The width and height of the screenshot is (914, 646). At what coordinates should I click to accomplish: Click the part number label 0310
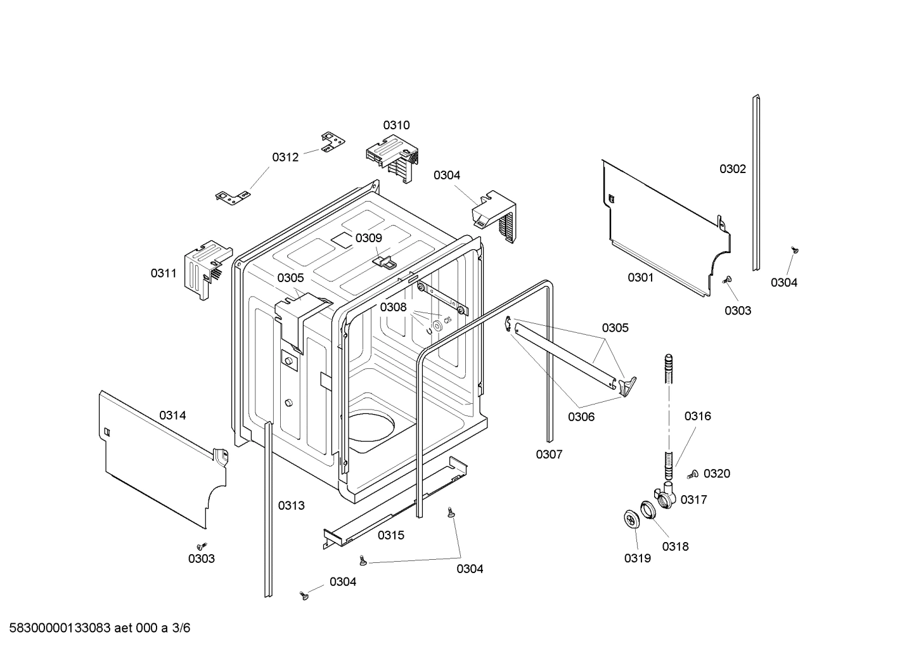click(396, 125)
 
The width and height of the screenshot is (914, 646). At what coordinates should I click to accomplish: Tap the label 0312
click(285, 157)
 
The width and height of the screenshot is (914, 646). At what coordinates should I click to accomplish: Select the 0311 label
click(164, 273)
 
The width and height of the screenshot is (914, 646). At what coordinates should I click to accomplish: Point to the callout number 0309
click(368, 238)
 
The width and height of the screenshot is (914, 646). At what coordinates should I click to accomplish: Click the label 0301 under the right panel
click(640, 277)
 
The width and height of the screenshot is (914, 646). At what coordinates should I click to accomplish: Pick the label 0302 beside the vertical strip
click(732, 169)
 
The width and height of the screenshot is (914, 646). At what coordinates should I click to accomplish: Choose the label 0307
click(549, 454)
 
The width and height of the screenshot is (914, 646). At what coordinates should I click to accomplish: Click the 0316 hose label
click(697, 416)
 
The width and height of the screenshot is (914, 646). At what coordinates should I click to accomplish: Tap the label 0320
click(717, 474)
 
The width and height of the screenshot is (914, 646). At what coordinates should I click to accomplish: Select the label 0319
click(637, 559)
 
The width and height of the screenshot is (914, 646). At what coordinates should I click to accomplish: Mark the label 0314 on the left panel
click(172, 415)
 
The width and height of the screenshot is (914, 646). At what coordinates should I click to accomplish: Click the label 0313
click(291, 505)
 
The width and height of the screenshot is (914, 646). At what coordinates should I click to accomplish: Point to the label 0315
click(391, 535)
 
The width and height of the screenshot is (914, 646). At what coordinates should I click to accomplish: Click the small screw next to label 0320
click(693, 474)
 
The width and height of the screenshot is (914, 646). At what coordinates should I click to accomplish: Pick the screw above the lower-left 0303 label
click(202, 545)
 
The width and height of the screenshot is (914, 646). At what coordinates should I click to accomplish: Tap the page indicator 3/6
click(182, 628)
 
